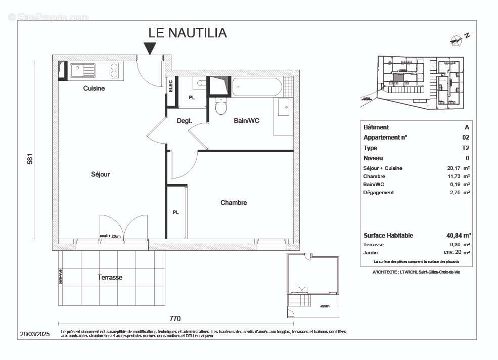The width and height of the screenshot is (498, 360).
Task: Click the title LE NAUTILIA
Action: coord(188,33)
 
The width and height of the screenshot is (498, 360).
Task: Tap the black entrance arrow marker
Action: coord(150,48)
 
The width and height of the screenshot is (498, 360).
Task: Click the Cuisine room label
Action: coord(94,88)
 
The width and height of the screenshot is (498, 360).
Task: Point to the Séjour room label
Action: coord(100,174)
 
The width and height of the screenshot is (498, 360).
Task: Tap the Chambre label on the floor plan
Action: coord(234,203)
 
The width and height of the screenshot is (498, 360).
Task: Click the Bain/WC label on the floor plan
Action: coord(246,121)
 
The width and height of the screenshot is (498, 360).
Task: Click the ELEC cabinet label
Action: coord(170,85)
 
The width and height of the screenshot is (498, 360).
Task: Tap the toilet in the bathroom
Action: coord(221,107)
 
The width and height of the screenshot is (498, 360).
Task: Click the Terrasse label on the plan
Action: coord(110,278)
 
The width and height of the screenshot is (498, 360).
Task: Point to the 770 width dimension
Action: coord(175,319)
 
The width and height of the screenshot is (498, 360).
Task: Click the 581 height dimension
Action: coord(30,158)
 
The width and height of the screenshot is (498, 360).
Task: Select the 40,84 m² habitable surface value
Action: coord(456,236)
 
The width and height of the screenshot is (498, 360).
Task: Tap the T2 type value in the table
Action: coord(466,148)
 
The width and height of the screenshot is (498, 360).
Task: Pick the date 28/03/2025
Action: coord(35,334)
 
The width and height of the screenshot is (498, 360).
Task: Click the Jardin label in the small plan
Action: coord(325,306)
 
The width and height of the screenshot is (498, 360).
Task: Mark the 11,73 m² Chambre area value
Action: coord(460,176)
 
